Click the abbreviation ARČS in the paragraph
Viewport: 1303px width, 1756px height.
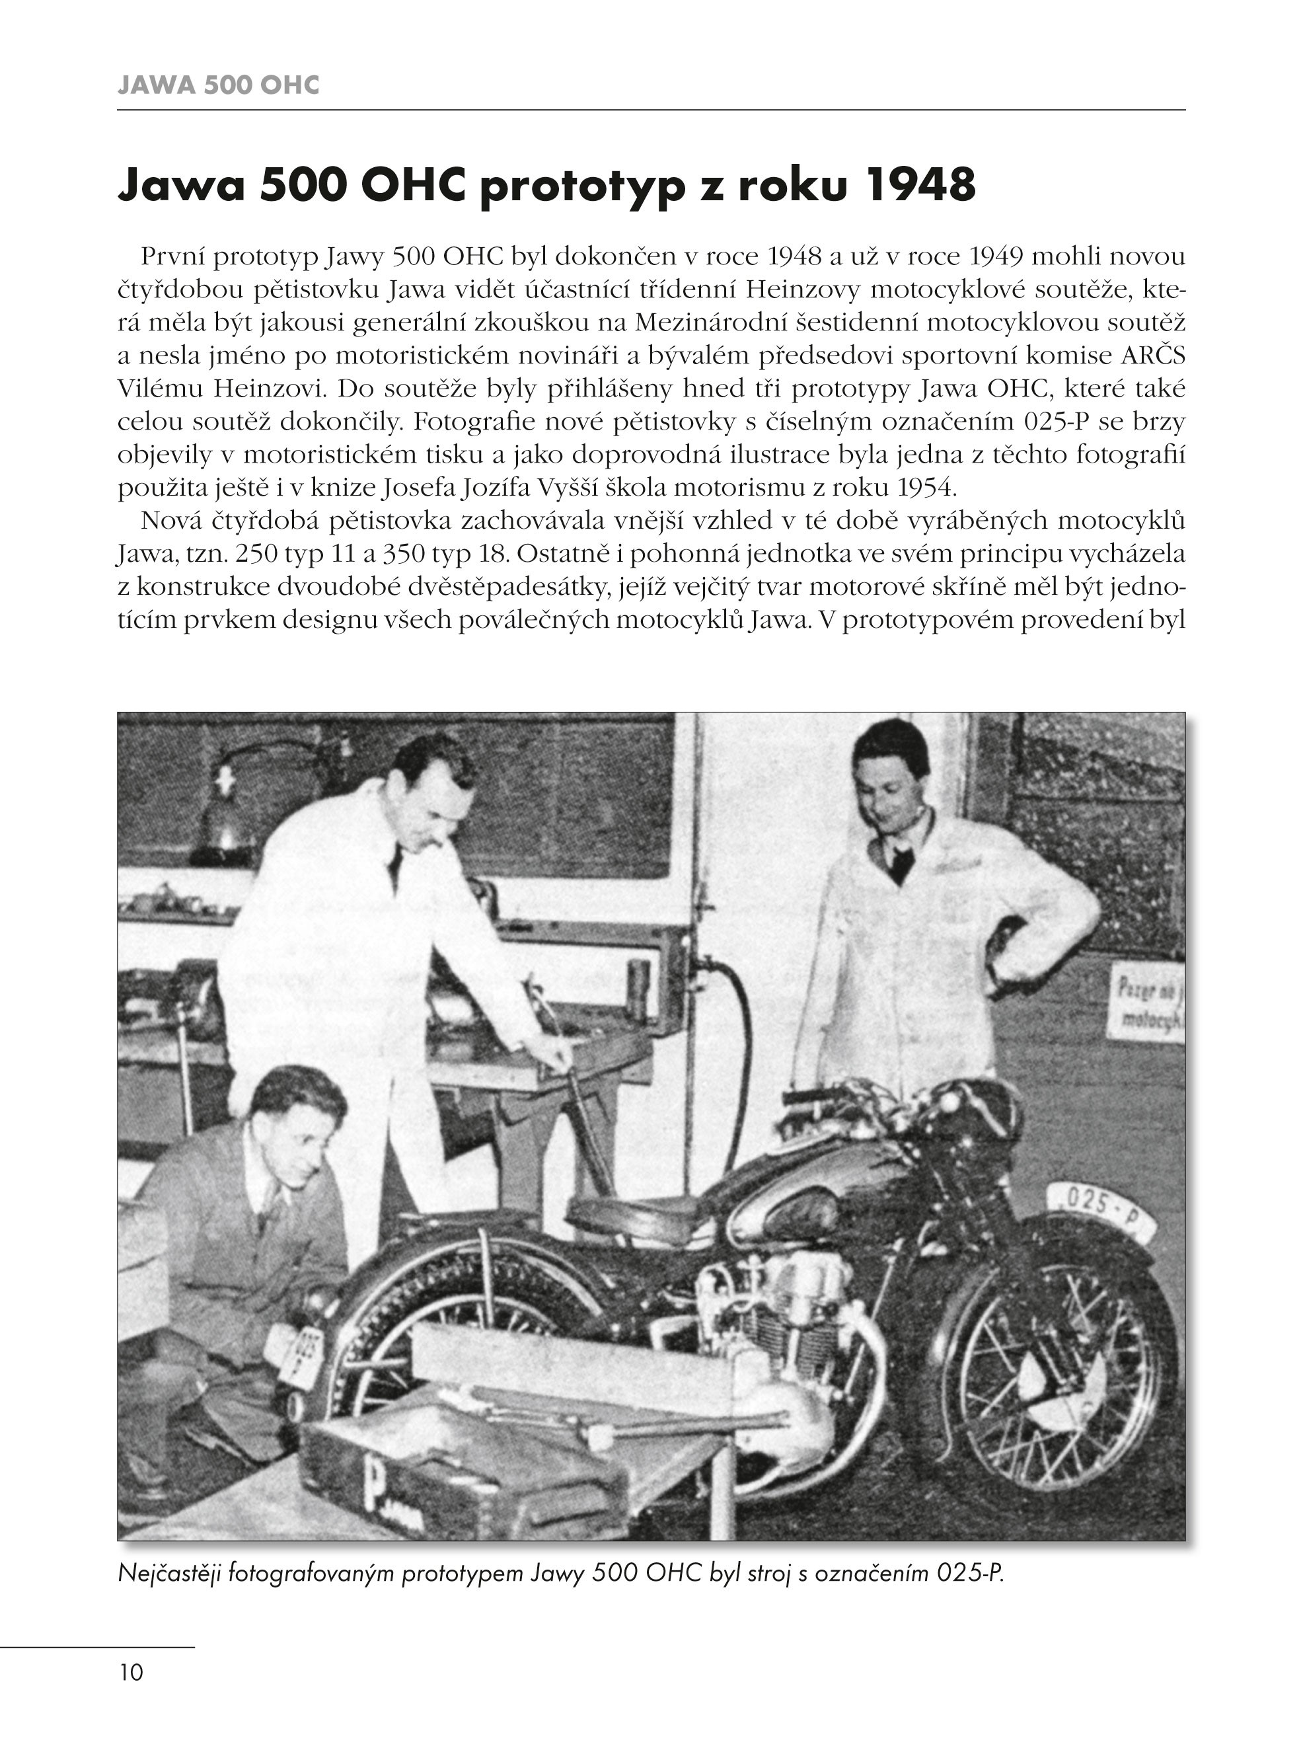coord(1153,356)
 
